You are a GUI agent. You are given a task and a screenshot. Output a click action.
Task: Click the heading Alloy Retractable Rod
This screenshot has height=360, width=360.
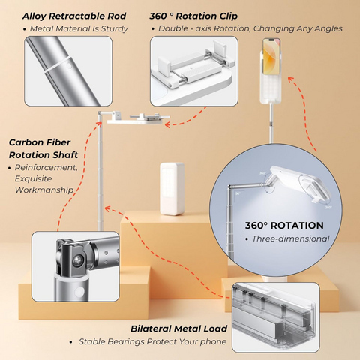(x=74, y=16)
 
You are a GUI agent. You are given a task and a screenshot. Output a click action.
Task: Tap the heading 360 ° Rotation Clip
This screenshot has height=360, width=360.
(x=193, y=16)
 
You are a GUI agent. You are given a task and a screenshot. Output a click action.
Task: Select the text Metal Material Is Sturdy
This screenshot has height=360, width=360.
(x=79, y=29)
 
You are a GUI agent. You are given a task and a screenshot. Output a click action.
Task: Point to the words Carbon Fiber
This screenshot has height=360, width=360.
(x=40, y=142)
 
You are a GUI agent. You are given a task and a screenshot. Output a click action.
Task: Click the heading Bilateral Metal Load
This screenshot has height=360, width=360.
(x=179, y=328)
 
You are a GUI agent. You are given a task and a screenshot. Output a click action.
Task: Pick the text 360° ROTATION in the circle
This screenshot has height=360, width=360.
(x=284, y=226)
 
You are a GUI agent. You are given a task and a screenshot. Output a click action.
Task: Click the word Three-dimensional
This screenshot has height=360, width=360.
(x=291, y=238)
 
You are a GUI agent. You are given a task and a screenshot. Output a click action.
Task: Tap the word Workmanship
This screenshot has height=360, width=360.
(x=44, y=190)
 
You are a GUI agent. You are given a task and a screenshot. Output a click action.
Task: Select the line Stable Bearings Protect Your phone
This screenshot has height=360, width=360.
(x=153, y=341)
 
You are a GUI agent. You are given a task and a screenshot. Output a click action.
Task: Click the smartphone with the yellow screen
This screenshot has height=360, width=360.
(x=271, y=57)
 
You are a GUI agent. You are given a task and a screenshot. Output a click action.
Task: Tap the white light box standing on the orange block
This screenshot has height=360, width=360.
(x=172, y=189)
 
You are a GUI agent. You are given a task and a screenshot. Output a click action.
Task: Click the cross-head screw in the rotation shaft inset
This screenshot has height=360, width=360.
(x=79, y=260)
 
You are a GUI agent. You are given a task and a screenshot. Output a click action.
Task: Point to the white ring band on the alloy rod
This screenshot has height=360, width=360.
(x=58, y=65)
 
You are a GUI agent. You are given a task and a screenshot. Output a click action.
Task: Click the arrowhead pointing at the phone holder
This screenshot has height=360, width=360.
(x=290, y=79)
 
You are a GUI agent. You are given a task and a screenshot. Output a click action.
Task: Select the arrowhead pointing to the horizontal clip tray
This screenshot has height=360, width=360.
(x=167, y=124)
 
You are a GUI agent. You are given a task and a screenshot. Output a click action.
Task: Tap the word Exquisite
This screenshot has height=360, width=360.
(x=33, y=178)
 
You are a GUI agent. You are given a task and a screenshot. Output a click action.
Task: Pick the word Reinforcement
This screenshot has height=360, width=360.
(x=46, y=167)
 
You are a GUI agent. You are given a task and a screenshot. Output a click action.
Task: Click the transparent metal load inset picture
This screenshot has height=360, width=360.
(x=276, y=317)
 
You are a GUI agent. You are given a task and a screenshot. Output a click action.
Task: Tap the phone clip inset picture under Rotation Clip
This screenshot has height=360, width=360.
(x=194, y=71)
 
